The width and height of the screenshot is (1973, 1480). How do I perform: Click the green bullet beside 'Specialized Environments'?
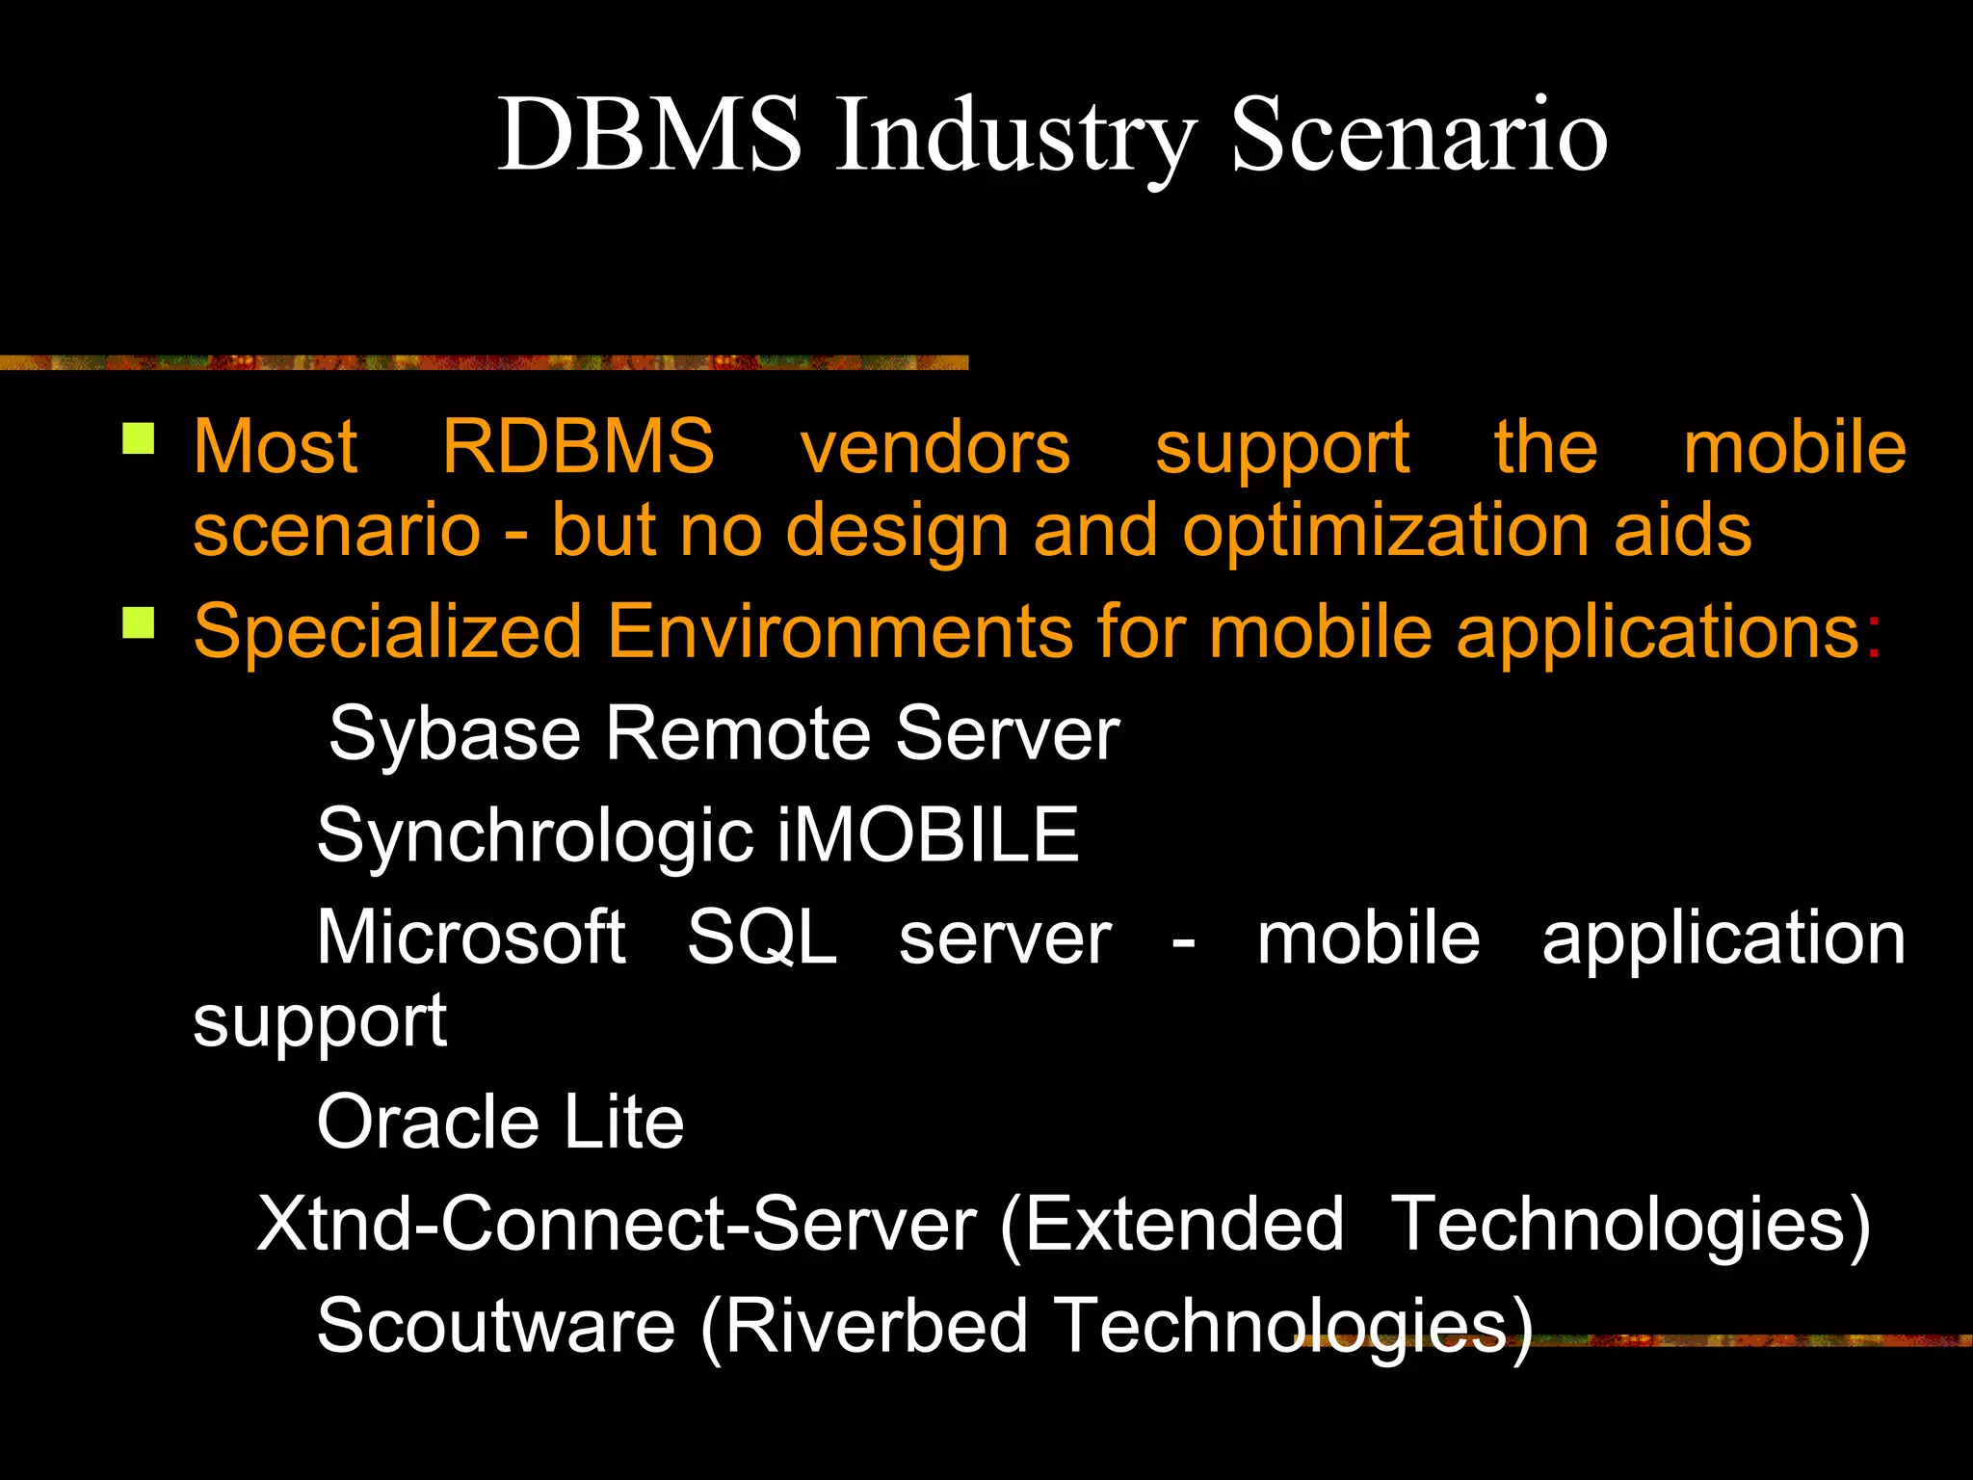139,622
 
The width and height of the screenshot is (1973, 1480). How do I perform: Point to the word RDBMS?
578,447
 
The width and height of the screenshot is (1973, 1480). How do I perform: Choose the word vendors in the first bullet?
934,447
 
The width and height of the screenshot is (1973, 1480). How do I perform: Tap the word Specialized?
387,632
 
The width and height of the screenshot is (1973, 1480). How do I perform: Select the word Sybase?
453,734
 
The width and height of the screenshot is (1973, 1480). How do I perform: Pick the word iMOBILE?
928,835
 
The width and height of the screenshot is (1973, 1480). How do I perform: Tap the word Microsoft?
471,937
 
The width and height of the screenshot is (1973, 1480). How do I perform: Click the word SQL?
761,937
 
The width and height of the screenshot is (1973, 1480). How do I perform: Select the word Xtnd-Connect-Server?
617,1224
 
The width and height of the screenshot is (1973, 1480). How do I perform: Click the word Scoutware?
495,1326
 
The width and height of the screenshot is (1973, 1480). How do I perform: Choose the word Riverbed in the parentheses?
875,1326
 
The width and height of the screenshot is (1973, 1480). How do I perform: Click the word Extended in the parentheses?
1183,1224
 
